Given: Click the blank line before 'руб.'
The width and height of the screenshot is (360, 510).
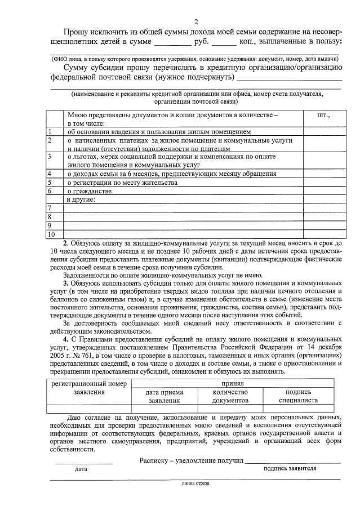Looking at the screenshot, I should (x=172, y=43).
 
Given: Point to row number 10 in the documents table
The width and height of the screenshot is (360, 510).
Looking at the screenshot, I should (x=52, y=233).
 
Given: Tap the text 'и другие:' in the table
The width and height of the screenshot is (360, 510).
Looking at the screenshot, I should (x=81, y=199).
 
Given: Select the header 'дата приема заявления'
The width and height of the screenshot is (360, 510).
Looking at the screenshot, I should (x=165, y=396).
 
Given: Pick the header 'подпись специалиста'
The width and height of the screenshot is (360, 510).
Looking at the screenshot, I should (x=298, y=396).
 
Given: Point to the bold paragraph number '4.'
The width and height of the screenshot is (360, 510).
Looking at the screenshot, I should (x=66, y=340).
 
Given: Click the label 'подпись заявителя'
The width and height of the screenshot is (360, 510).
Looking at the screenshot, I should (x=290, y=468).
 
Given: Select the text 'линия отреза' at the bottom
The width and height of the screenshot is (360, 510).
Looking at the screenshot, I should (x=195, y=483).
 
